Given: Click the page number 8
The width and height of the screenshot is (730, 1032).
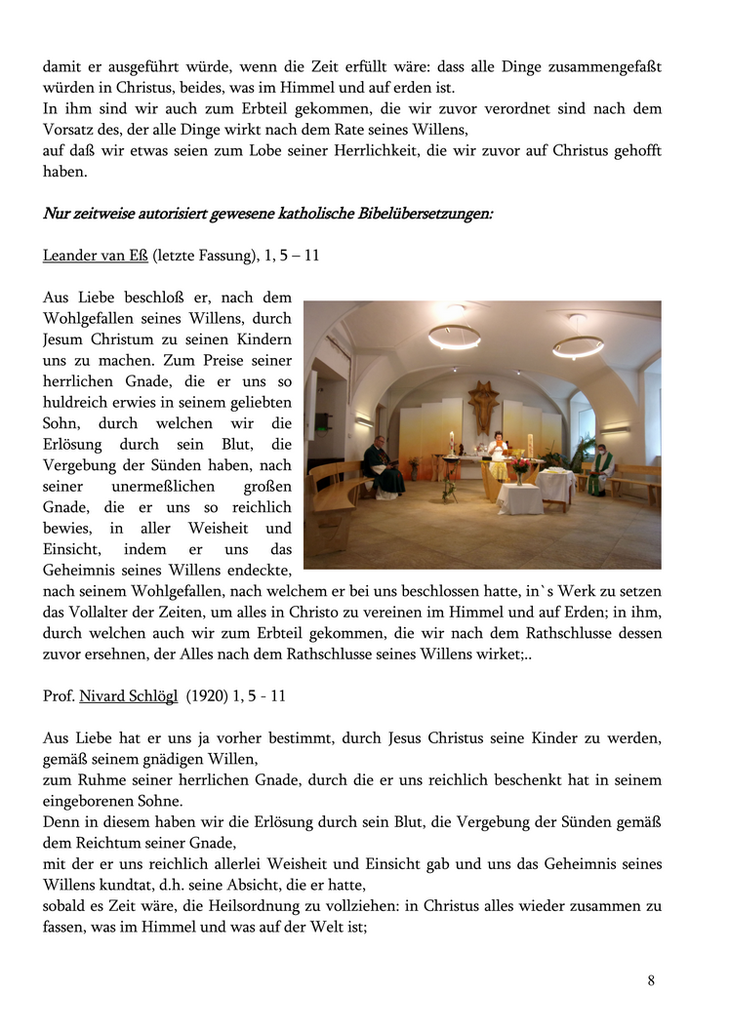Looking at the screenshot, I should (x=651, y=980).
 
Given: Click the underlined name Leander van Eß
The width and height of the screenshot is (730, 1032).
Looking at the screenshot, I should (x=96, y=257).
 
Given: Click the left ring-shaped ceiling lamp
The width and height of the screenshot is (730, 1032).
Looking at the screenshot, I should (x=454, y=336).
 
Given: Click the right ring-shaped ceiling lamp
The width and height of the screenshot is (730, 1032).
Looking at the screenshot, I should (x=578, y=344).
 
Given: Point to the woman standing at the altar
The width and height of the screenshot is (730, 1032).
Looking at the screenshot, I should (x=498, y=456).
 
